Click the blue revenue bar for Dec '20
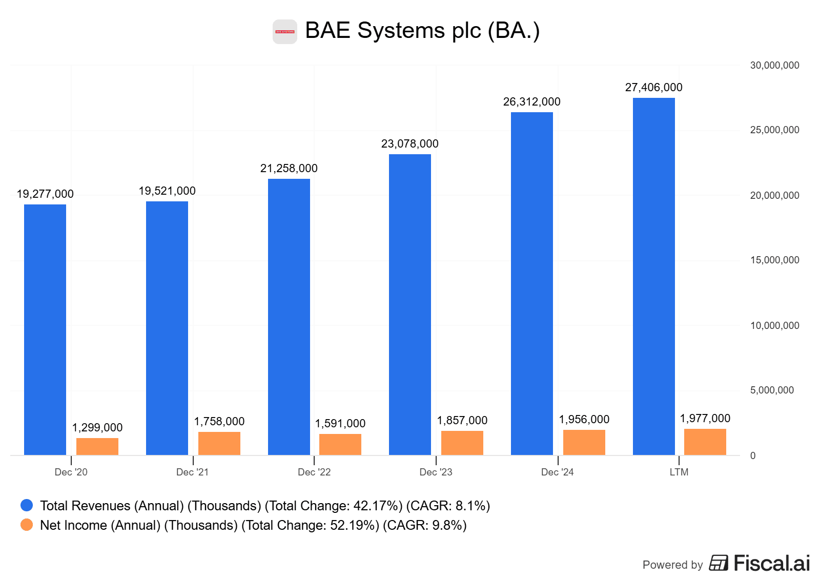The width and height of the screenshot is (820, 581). tap(45, 329)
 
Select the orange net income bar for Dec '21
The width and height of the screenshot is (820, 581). tap(219, 443)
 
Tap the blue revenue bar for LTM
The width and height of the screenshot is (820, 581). tap(653, 276)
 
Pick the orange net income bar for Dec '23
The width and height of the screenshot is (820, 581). tap(462, 443)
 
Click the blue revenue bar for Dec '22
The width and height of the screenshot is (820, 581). tap(289, 317)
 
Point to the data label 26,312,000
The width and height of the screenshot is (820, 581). tap(531, 101)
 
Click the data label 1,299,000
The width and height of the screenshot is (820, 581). tap(97, 427)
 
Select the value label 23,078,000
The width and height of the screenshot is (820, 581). tap(409, 143)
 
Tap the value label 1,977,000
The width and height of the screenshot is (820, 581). tap(705, 418)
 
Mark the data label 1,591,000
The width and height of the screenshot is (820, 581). tap(340, 423)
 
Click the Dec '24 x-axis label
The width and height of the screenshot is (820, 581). tap(557, 472)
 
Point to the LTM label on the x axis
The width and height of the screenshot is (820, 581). tap(679, 472)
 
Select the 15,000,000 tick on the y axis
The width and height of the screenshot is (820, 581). tap(774, 260)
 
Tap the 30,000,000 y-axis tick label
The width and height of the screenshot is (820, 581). tap(774, 65)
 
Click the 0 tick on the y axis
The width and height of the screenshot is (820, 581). tap(752, 455)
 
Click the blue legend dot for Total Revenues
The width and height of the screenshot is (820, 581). tap(27, 505)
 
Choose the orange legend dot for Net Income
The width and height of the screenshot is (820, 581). tap(27, 525)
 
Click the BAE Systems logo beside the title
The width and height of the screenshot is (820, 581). tap(284, 32)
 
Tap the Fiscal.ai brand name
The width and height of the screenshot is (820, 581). tap(771, 563)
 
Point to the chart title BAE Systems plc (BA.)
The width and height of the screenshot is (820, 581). tap(422, 30)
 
